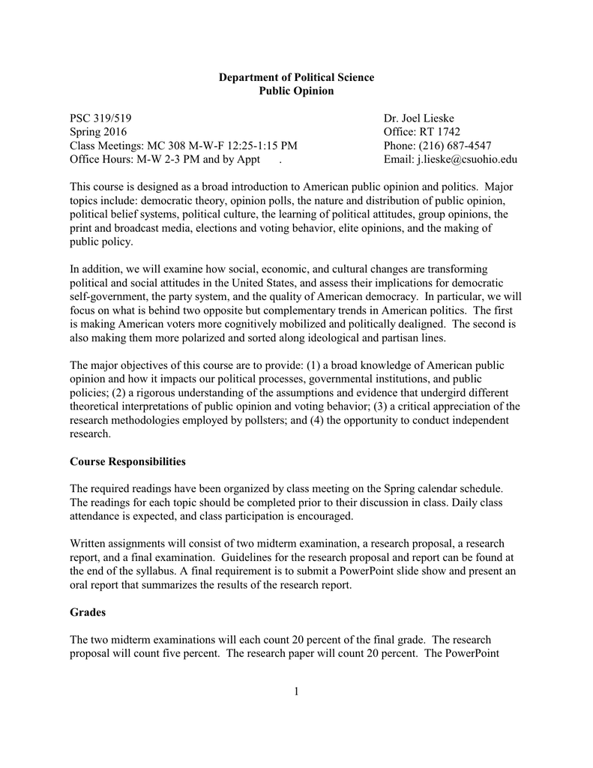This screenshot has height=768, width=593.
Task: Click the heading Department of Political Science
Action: (296, 78)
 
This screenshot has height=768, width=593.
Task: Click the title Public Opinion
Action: (296, 91)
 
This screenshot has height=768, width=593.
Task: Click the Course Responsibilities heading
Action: (127, 460)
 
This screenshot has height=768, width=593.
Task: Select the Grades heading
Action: (88, 612)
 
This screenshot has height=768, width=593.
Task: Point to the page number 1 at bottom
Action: (296, 691)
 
